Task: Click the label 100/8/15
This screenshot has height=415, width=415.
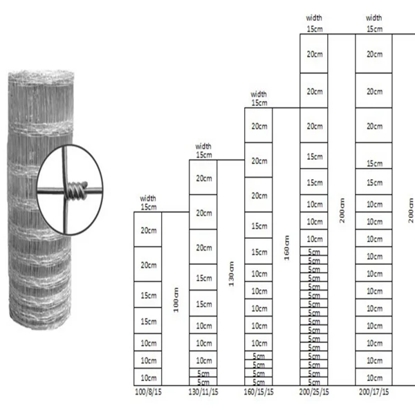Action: (x=147, y=392)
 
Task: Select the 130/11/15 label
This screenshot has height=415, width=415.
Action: (x=203, y=392)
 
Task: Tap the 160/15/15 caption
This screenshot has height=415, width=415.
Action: (x=258, y=392)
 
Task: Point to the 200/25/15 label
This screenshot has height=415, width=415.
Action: (x=314, y=392)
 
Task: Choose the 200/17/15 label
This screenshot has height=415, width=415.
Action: (x=373, y=392)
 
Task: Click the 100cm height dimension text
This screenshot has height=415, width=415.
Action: (x=177, y=299)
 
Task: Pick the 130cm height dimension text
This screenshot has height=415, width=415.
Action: (x=232, y=273)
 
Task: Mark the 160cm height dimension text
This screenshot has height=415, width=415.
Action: (x=287, y=246)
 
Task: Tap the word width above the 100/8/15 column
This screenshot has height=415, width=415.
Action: (x=148, y=199)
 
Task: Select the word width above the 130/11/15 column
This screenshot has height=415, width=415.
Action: (x=203, y=147)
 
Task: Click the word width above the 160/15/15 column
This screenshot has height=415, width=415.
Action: (x=259, y=94)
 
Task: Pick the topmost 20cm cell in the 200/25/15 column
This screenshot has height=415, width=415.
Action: (x=314, y=53)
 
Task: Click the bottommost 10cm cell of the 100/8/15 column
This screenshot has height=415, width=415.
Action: (x=147, y=377)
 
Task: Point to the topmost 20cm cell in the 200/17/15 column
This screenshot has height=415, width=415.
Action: (x=374, y=53)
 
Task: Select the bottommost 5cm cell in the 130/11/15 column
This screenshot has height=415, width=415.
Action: (x=203, y=381)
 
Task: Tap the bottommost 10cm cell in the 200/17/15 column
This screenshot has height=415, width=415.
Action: (x=374, y=377)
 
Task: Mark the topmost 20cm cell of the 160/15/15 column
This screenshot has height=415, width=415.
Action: (x=259, y=127)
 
